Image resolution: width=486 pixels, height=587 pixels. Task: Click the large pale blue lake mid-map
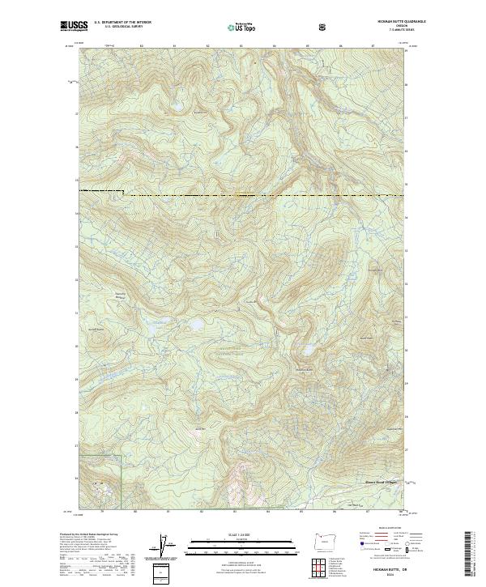pos(196,325)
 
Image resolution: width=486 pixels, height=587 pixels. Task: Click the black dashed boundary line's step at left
pos(124,193)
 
